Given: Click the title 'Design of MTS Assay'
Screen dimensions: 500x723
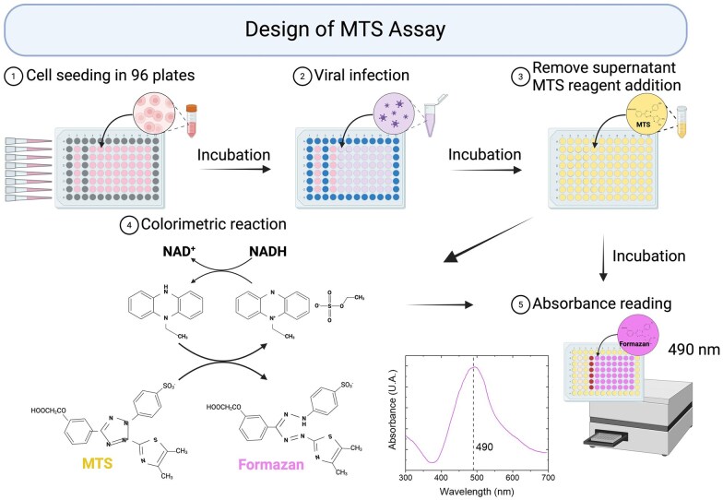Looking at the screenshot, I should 361,28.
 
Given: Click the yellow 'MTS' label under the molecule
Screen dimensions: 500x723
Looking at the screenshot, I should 95,461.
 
